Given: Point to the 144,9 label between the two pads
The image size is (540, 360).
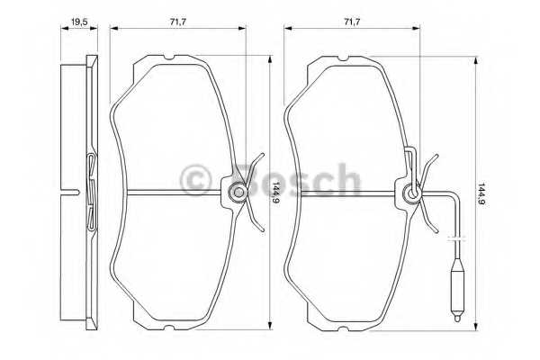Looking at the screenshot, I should point(274,191).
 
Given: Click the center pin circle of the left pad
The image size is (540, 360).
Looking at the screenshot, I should point(237,192).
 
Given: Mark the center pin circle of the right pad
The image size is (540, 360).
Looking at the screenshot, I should point(411,192).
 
